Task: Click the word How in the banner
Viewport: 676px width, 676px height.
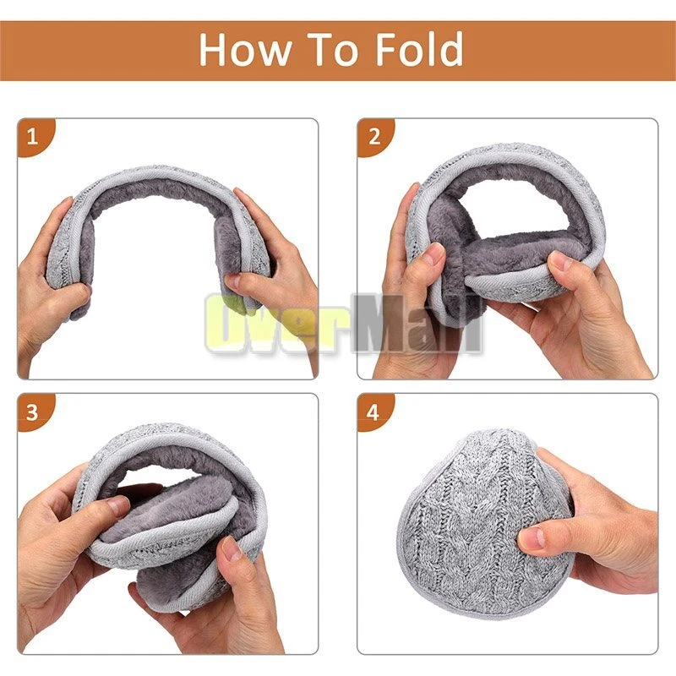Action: (245, 49)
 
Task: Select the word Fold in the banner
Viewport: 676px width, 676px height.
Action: (419, 48)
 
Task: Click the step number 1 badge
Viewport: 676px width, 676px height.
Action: (33, 136)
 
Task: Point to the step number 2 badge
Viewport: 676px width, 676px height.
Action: (373, 136)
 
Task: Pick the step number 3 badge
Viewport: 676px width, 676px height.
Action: (33, 412)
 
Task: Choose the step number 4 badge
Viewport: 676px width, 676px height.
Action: (373, 412)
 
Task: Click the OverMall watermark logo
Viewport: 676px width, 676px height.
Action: (344, 322)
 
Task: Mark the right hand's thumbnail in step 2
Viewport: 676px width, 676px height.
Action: (560, 260)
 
